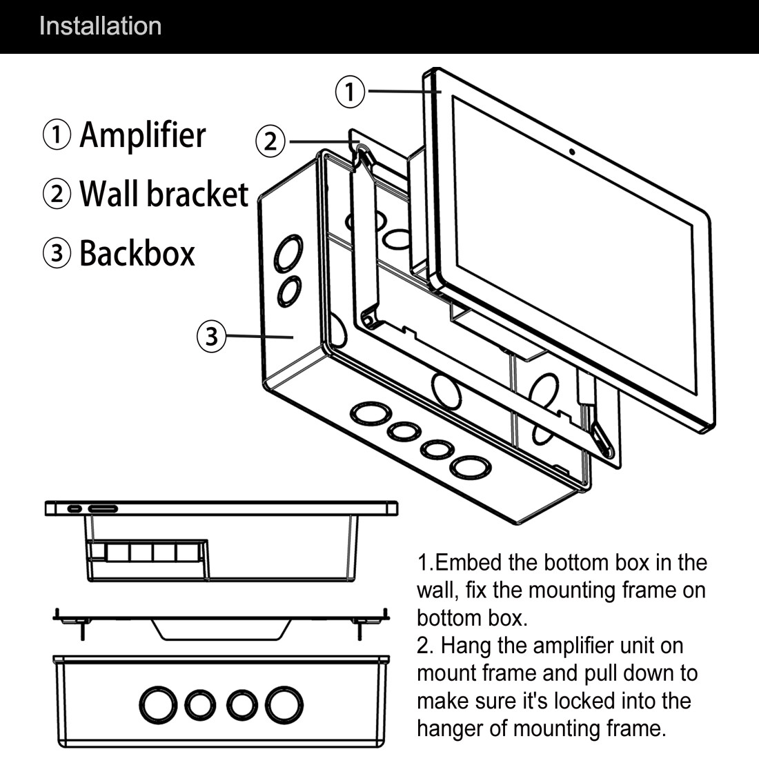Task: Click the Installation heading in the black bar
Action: [x=100, y=26]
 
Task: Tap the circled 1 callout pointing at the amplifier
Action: [x=351, y=91]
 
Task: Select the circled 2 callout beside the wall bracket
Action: [x=270, y=141]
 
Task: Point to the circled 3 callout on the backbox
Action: [x=211, y=337]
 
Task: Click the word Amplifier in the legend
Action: [x=142, y=135]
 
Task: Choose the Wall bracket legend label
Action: [x=164, y=194]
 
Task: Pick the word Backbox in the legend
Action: [x=137, y=253]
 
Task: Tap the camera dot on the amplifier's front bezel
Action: [x=572, y=152]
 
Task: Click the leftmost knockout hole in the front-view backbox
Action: [x=158, y=704]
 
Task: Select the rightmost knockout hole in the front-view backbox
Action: [x=284, y=704]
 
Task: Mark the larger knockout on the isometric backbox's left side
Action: [x=288, y=255]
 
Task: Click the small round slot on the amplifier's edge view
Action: [x=74, y=509]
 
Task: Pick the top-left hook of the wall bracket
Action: [x=363, y=154]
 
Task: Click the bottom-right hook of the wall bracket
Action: [x=600, y=437]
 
